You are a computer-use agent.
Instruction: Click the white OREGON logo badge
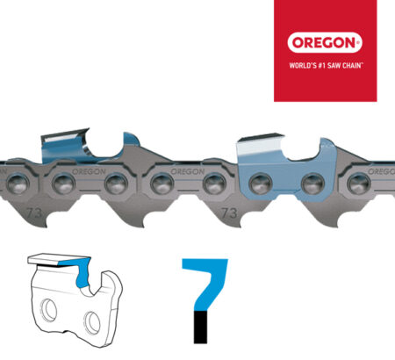(325, 43)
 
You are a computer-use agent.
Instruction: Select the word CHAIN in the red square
(352, 65)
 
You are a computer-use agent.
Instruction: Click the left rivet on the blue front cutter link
(261, 184)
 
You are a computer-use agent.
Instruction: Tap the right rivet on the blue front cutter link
(312, 184)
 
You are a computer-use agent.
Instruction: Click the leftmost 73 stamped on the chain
(33, 212)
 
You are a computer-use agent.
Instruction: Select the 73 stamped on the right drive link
(229, 213)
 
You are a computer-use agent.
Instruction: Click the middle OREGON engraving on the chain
(188, 171)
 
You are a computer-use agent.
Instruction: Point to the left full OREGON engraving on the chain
(89, 171)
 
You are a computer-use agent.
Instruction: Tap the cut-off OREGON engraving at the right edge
(381, 171)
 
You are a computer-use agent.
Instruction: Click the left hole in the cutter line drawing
(49, 310)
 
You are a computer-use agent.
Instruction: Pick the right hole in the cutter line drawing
(92, 322)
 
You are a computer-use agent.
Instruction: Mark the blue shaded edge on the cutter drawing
(80, 270)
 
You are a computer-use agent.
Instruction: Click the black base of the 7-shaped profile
(200, 328)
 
